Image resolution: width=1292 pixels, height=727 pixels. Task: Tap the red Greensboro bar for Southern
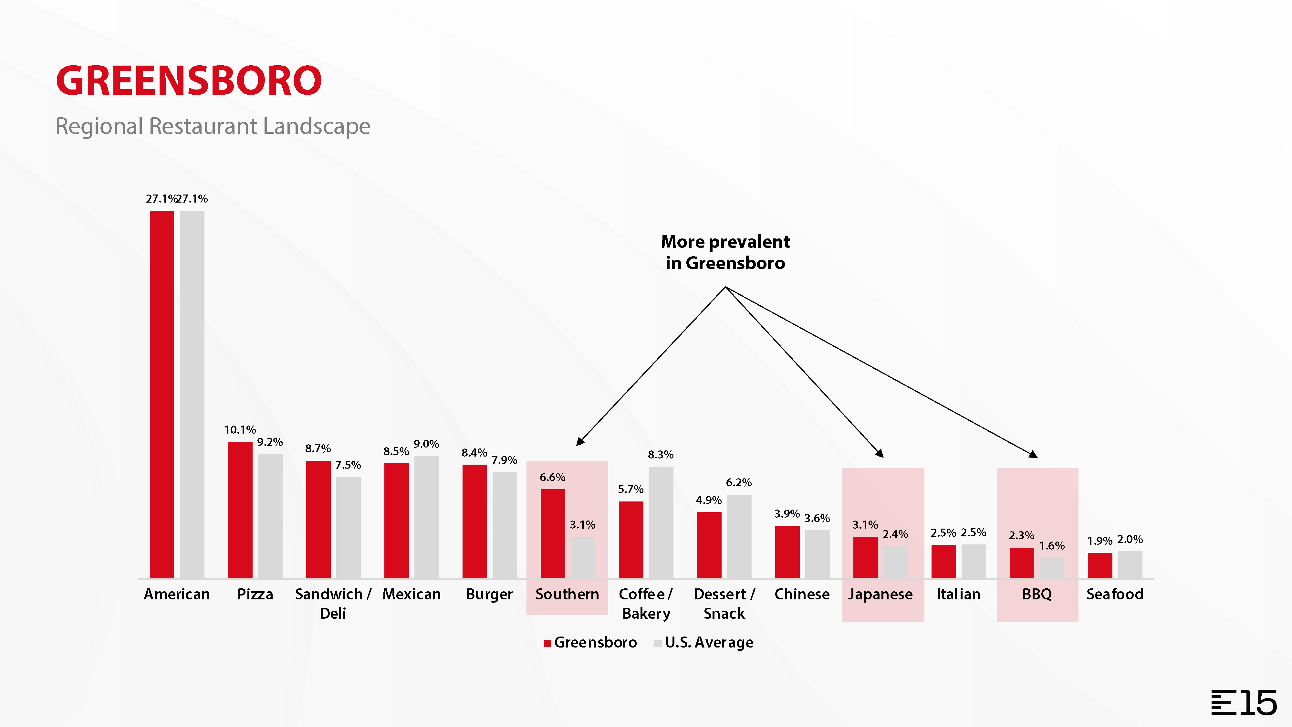pyautogui.click(x=552, y=533)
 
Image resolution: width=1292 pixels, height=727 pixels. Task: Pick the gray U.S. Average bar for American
pyautogui.click(x=192, y=394)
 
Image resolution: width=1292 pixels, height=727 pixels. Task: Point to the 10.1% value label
pyautogui.click(x=240, y=429)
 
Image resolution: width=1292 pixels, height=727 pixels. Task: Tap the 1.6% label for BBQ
pyautogui.click(x=1051, y=546)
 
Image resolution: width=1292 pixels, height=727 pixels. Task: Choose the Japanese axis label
pyautogui.click(x=880, y=594)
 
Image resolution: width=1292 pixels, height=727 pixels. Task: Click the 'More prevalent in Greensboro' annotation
pyautogui.click(x=725, y=252)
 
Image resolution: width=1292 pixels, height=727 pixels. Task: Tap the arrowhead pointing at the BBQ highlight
pyautogui.click(x=1034, y=455)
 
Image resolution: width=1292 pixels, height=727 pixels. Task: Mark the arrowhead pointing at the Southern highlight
pyautogui.click(x=580, y=441)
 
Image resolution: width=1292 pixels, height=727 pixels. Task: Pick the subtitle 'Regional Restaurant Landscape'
pyautogui.click(x=213, y=126)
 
